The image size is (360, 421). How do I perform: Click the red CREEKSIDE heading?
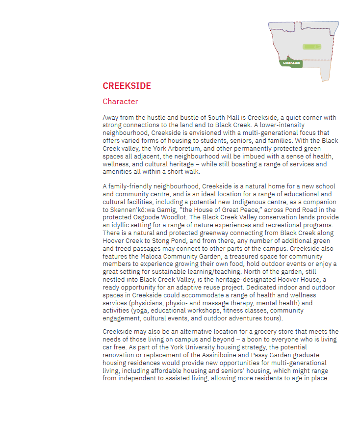click(127, 86)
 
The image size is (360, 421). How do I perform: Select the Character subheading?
click(120, 102)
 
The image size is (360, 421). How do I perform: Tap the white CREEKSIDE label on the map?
click(291, 63)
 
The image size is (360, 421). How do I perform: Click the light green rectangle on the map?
click(311, 47)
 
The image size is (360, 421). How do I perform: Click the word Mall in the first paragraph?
click(236, 118)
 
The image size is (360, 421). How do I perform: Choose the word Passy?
click(248, 355)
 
